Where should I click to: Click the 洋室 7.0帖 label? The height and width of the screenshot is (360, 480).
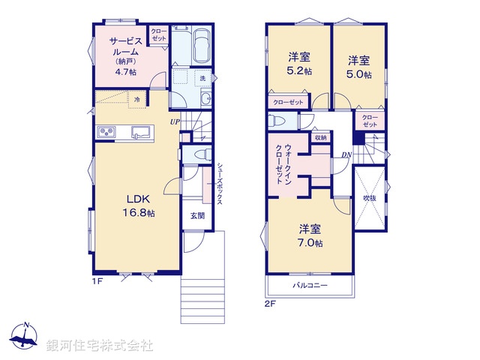(310, 235)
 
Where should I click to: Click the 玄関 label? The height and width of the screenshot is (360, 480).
(196, 215)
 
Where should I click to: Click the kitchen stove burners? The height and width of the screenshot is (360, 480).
(106, 133)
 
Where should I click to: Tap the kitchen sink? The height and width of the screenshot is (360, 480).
(141, 133)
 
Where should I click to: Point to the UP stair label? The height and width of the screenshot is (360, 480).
(174, 121)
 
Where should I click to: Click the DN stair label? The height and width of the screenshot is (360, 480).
(346, 154)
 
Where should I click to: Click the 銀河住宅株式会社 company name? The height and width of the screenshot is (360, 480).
(100, 346)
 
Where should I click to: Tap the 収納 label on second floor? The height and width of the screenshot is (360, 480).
(320, 138)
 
